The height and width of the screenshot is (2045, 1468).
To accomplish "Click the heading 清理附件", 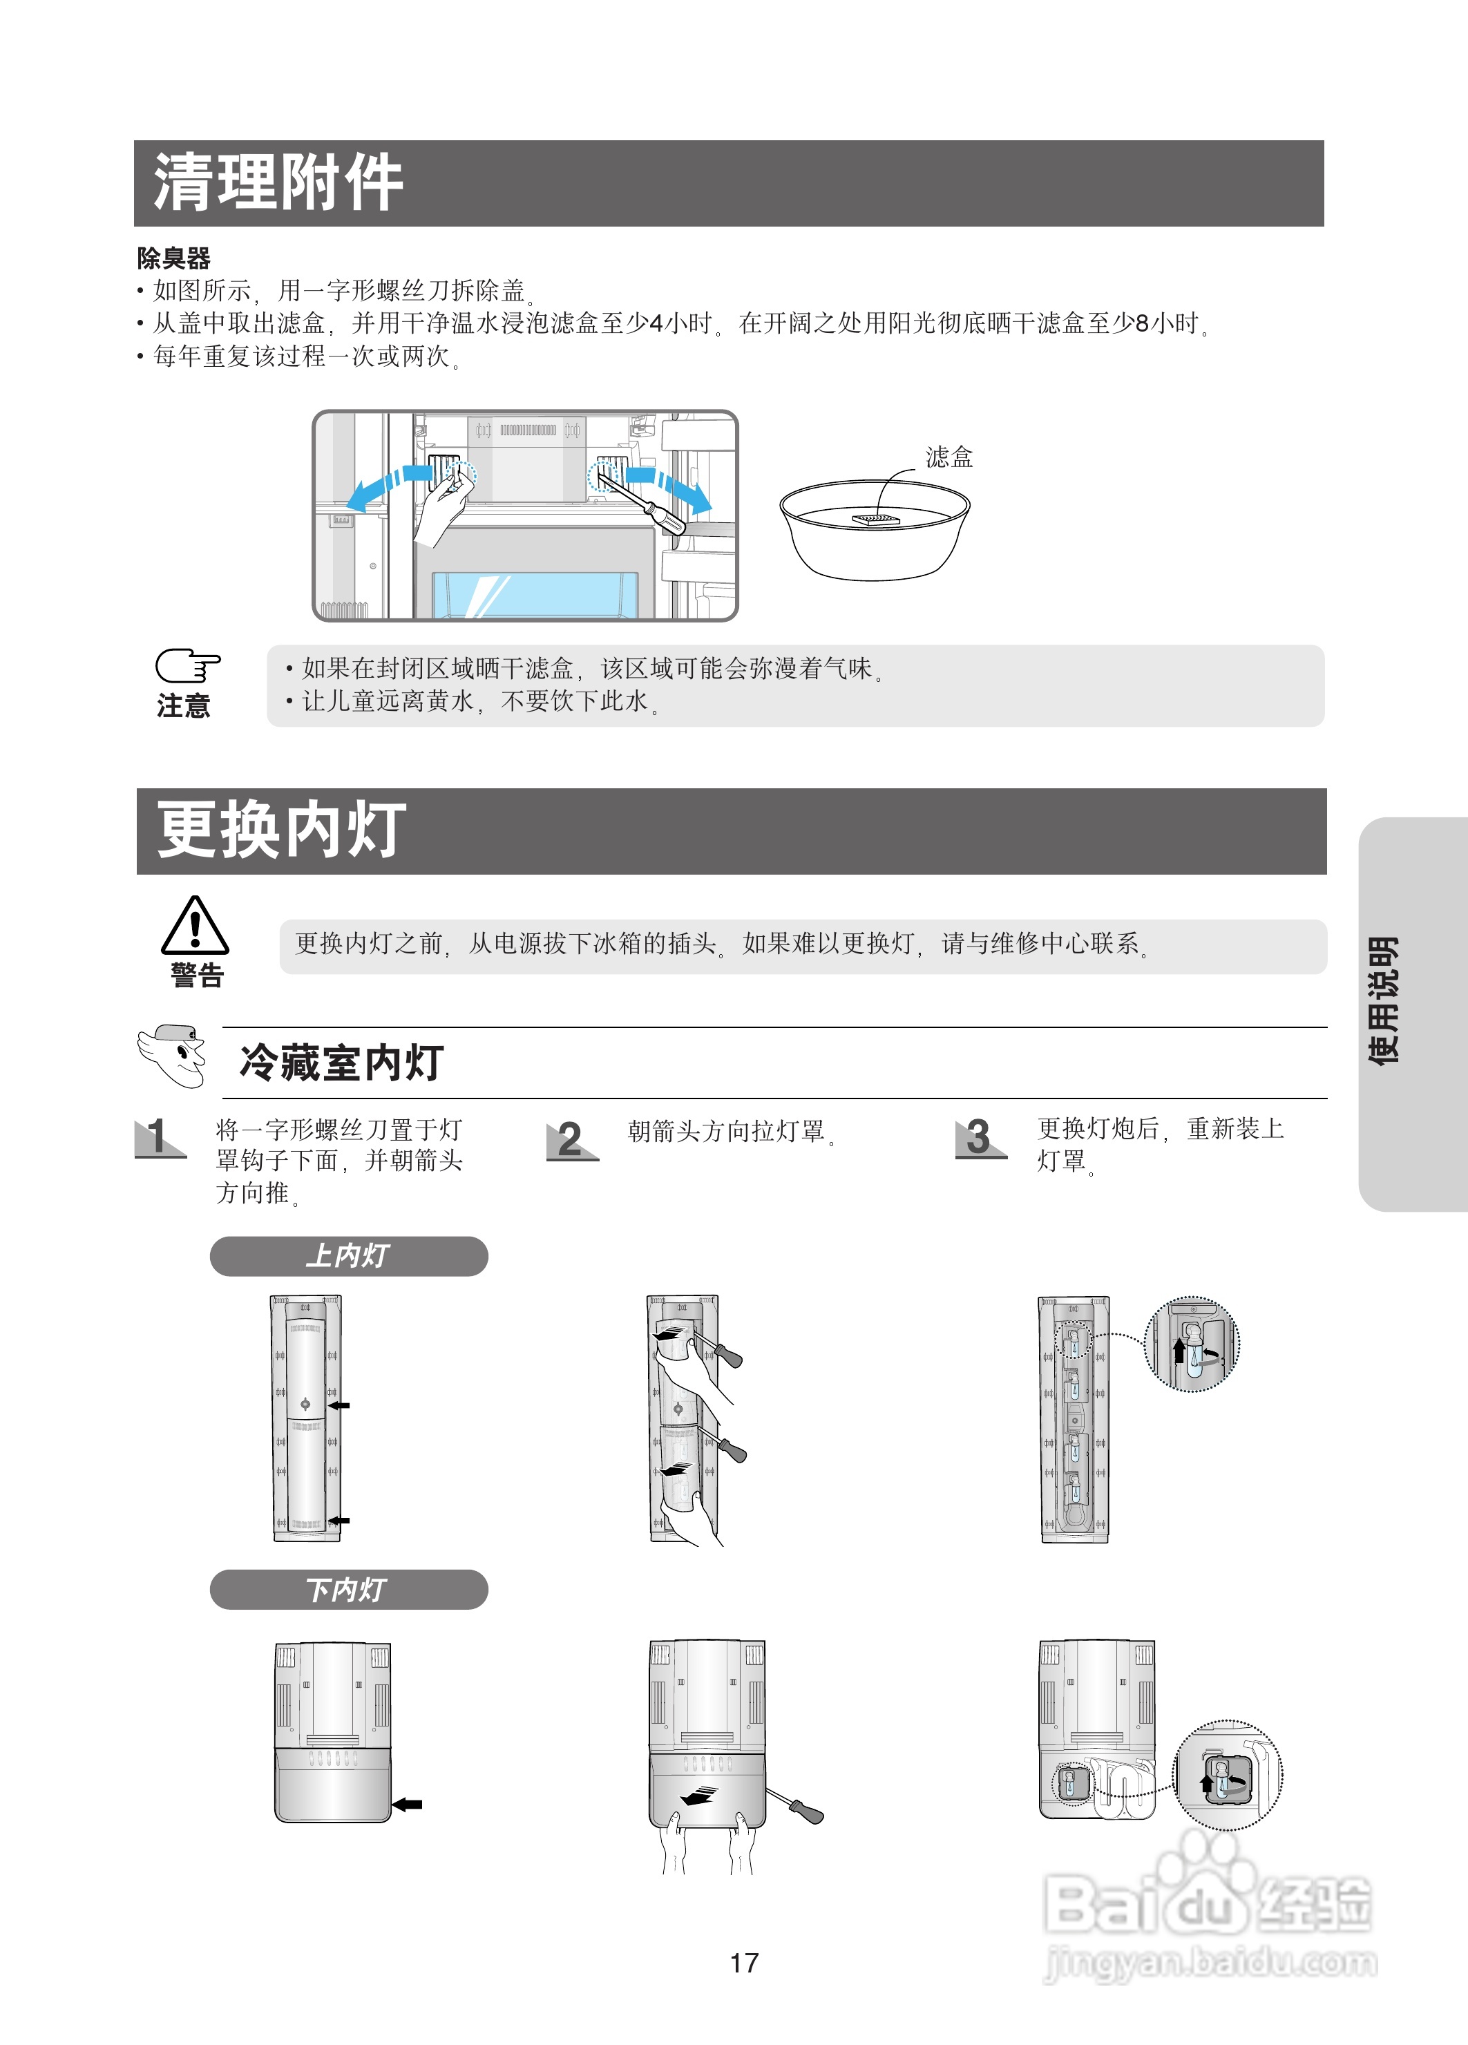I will coord(278,183).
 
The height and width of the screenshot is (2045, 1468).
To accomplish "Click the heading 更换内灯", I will coord(280,830).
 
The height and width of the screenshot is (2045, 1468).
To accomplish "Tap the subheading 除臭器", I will coord(173,259).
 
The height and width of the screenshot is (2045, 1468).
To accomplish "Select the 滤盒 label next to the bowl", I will coord(949,457).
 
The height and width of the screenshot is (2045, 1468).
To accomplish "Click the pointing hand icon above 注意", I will coord(187,666).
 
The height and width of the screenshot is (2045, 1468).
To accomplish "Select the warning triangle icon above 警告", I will coord(195,926).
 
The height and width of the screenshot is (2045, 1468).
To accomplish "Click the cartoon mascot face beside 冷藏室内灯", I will coord(174,1055).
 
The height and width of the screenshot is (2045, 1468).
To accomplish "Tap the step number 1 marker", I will coord(160,1137).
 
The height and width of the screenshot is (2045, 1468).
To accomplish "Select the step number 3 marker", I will coord(980,1137).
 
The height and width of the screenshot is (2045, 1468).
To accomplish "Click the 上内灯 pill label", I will coord(348,1256).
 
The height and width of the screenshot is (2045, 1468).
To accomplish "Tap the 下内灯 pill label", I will coord(348,1590).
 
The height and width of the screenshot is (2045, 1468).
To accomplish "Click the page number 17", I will coord(744,1962).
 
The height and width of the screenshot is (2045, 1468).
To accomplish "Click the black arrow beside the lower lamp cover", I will coord(408,1805).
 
